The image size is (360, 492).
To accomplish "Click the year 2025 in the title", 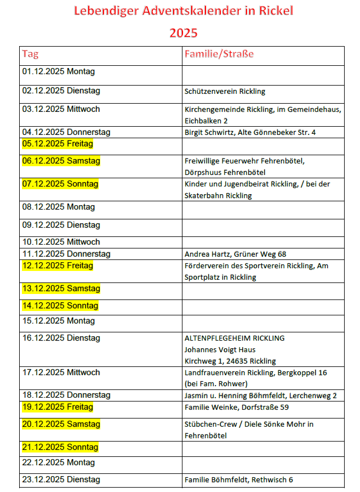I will point(183,33).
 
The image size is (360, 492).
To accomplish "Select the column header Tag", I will point(30,54).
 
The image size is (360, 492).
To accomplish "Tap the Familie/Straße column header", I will point(219,54).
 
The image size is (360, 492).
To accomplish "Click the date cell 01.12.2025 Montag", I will point(58,71).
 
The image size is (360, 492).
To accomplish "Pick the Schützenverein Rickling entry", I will point(225,92).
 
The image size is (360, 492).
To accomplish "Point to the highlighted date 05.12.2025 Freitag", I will point(58,144).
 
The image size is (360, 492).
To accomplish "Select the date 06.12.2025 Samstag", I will point(61,161).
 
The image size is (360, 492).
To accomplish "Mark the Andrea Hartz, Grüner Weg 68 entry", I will point(235,254).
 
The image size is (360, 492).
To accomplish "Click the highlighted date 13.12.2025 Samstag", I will point(61,289).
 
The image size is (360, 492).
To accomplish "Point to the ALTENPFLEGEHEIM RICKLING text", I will point(235,338).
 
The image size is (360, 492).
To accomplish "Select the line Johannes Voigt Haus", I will point(220,349).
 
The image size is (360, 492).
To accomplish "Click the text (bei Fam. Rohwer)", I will point(216,383).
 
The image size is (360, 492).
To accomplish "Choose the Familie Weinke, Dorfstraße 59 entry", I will point(237,407).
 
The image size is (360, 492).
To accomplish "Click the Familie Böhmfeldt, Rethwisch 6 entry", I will point(238,480).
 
